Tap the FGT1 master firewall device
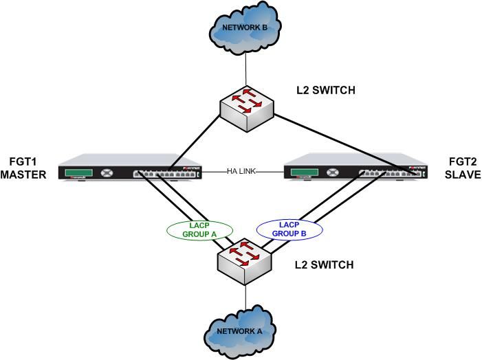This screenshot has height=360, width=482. (x=131, y=171)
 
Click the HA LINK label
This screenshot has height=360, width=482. (x=241, y=172)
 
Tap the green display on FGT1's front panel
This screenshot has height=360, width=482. (x=81, y=174)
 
